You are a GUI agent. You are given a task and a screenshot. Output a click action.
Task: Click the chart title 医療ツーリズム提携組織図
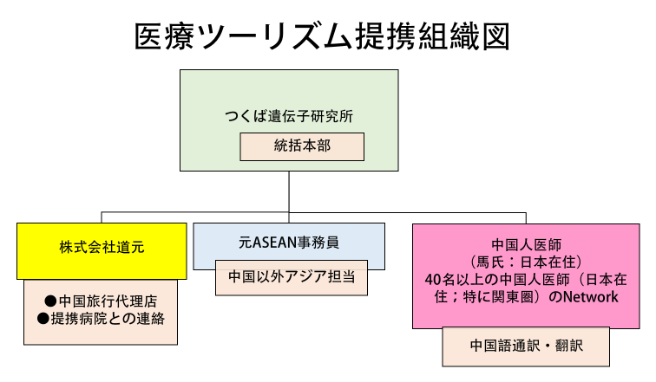pos(322,36)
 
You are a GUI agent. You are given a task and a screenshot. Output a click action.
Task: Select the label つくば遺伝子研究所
pos(289,116)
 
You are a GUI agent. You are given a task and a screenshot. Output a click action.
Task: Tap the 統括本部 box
pos(302,146)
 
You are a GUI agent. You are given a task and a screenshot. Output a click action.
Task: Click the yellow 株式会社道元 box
pos(102,251)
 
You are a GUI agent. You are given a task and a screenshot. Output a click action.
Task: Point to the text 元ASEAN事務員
pos(289,243)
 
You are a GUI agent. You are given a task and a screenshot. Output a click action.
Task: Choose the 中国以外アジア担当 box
pos(292,278)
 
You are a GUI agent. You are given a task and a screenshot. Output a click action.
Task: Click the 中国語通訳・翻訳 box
pos(526,346)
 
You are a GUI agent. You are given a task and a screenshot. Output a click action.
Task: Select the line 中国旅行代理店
pos(101,301)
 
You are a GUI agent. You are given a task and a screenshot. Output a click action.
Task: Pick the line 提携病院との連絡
pos(101,319)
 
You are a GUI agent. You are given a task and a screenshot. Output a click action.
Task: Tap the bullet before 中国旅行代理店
pos(50,301)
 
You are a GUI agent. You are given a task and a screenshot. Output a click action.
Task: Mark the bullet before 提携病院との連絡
pos(43,319)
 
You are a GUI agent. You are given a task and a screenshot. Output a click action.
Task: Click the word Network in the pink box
pos(591,297)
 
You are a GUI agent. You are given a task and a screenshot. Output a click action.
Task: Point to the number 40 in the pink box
pos(432,279)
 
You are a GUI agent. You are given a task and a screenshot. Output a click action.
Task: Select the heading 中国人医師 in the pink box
pos(527,244)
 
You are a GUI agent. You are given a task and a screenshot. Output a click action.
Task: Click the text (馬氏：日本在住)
pos(527,262)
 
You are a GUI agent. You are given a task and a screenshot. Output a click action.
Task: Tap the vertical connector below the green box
pos(289,191)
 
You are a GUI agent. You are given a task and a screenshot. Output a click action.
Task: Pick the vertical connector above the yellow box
pos(102,217)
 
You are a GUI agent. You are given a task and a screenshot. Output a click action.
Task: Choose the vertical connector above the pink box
pos(526,218)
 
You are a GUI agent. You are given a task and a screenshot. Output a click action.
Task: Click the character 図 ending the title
pos(495,36)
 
